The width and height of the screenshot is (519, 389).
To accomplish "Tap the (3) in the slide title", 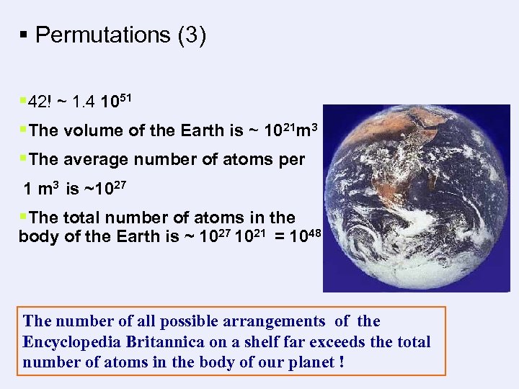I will coord(191,35).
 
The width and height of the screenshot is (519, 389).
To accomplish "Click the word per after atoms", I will coord(290,159).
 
